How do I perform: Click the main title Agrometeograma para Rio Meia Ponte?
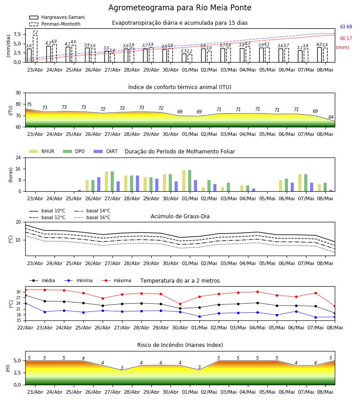(x=180, y=8)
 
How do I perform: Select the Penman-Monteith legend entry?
(x=55, y=24)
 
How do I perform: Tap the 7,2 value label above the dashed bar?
(x=35, y=32)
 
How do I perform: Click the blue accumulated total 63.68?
(x=346, y=27)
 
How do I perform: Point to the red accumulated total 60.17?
(x=346, y=39)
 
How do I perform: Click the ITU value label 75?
(x=29, y=104)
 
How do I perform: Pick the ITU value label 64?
(x=331, y=117)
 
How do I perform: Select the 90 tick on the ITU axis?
(x=18, y=93)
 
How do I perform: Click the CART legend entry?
(x=106, y=151)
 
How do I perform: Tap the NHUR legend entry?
(x=42, y=151)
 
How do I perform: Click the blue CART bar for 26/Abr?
(x=99, y=184)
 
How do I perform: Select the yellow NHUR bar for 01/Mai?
(x=184, y=181)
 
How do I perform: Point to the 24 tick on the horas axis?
(x=18, y=157)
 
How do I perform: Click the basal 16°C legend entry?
(x=92, y=217)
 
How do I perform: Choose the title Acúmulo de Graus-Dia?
(x=180, y=216)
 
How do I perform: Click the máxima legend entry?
(x=116, y=280)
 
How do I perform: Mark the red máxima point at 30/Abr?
(x=180, y=304)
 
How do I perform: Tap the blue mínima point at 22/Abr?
(x=25, y=303)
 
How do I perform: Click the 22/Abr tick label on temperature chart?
(x=25, y=328)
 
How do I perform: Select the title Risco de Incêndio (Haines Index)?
(x=180, y=345)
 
